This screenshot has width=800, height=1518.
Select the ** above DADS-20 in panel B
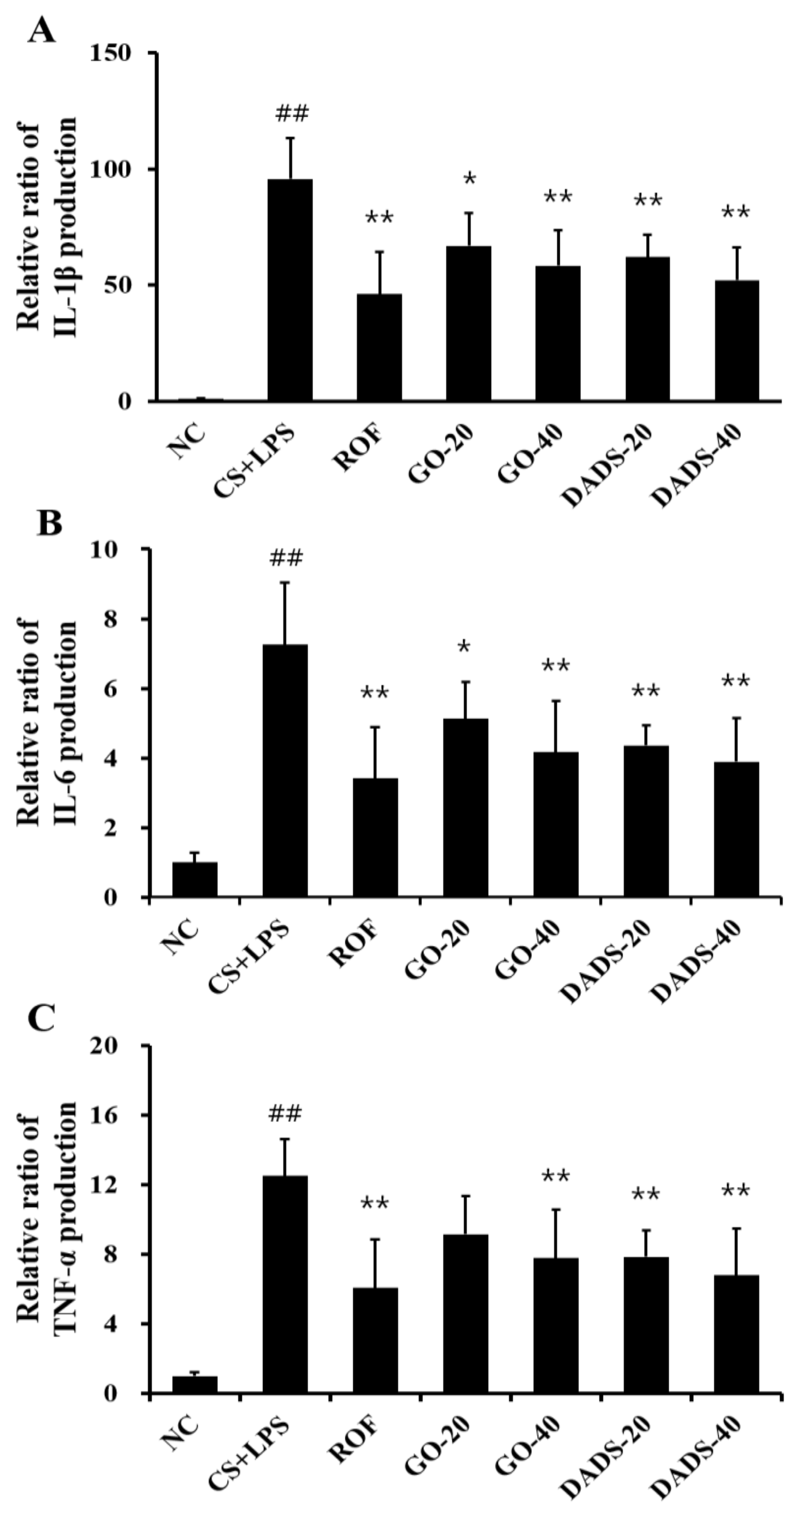point(646,691)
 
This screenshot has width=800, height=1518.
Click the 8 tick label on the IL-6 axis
point(128,619)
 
